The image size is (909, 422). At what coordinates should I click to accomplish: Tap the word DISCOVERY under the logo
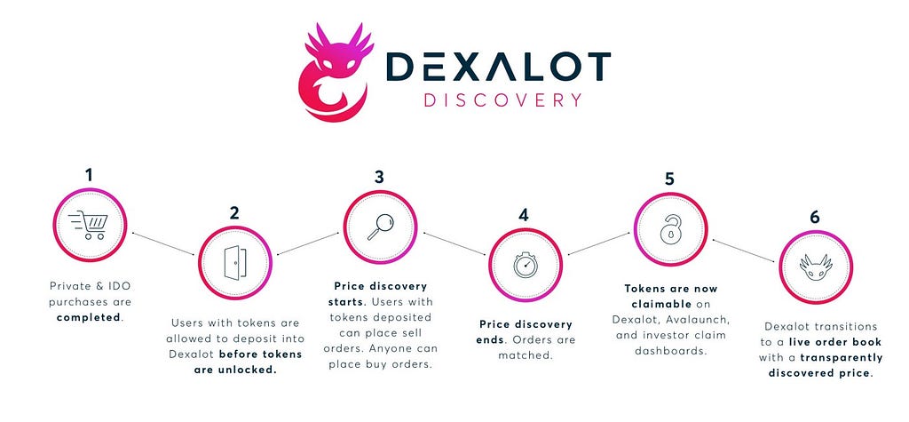pyautogui.click(x=502, y=100)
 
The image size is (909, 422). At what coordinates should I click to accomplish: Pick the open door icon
pyautogui.click(x=234, y=263)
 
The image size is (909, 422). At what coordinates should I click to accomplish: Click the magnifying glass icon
pyautogui.click(x=380, y=227)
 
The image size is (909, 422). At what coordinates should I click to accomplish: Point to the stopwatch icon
pyautogui.click(x=526, y=265)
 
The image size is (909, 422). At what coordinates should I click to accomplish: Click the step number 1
pyautogui.click(x=89, y=175)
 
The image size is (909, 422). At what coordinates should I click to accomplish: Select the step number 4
pyautogui.click(x=524, y=215)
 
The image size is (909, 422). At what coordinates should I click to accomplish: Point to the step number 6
pyautogui.click(x=815, y=217)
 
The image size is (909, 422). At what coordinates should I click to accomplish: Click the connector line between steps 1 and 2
pyautogui.click(x=163, y=243)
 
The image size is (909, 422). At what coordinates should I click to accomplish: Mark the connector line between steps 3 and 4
pyautogui.click(x=454, y=243)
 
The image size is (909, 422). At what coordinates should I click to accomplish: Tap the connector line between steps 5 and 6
pyautogui.click(x=744, y=251)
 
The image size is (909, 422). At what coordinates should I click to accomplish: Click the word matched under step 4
pyautogui.click(x=525, y=355)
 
